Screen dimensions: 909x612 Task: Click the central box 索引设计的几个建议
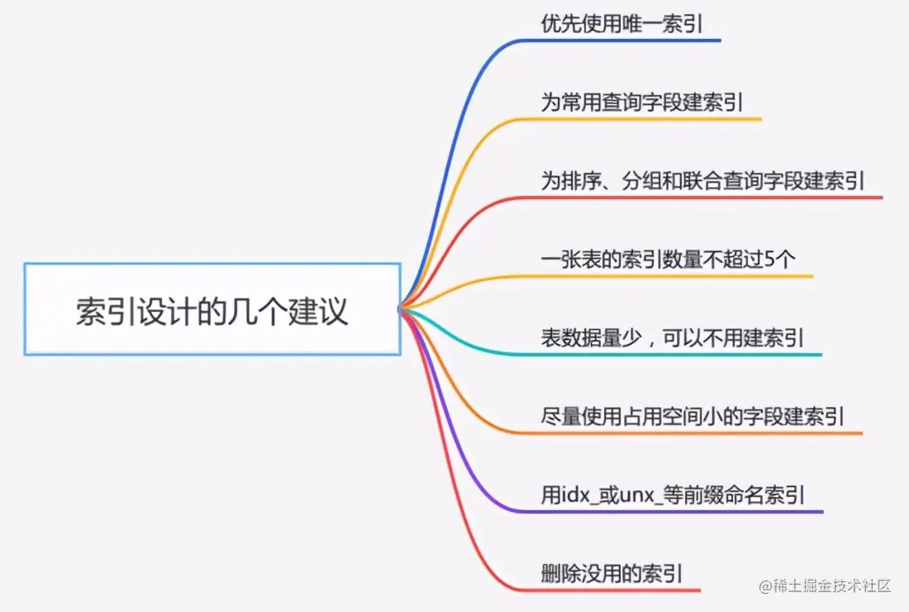(212, 309)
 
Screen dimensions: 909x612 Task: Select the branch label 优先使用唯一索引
(621, 24)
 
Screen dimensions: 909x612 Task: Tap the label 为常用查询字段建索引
(641, 103)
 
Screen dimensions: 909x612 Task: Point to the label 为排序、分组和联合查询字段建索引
(702, 180)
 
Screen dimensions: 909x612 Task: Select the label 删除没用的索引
(612, 573)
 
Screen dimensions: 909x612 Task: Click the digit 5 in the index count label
(770, 259)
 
